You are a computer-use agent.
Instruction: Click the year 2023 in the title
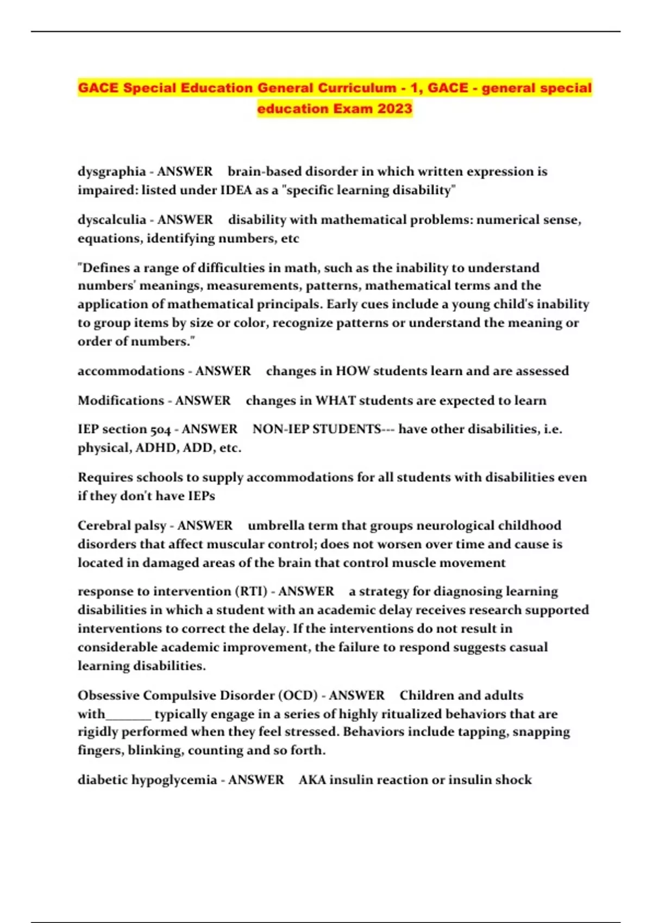(395, 109)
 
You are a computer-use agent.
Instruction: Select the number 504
(160, 429)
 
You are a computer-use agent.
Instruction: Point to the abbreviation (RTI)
(251, 591)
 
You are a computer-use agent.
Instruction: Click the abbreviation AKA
(312, 780)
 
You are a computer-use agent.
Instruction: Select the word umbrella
(274, 526)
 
